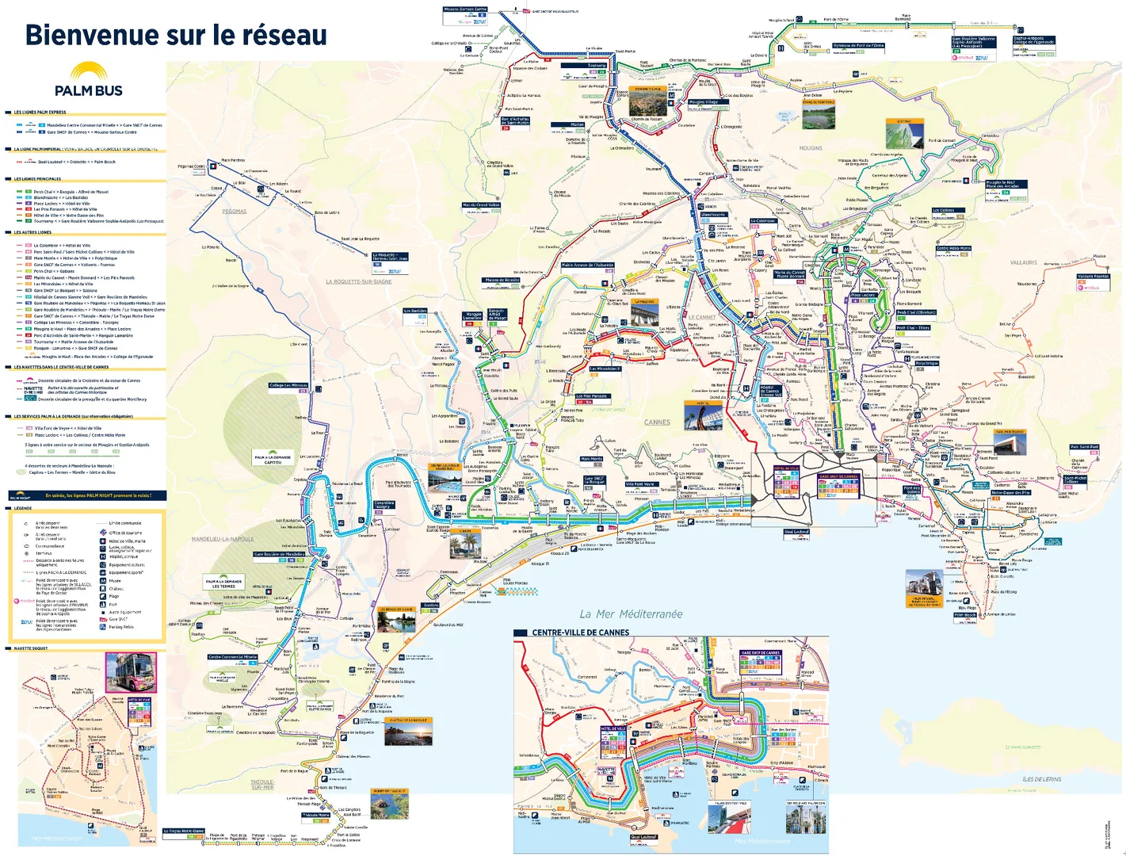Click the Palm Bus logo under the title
(88, 80)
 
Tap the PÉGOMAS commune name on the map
(234, 212)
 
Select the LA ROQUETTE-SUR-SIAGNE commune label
(359, 281)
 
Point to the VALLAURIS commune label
(1023, 262)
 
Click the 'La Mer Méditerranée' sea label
(630, 613)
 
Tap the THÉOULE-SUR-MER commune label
(262, 784)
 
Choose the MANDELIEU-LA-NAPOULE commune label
(223, 539)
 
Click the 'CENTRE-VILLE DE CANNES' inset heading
(580, 632)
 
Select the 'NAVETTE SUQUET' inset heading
(31, 648)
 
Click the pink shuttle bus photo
(131, 673)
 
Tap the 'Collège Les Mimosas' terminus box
(288, 386)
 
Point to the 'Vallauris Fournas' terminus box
(1094, 277)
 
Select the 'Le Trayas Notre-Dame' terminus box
(184, 831)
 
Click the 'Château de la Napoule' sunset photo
(409, 731)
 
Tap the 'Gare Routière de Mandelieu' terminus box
(279, 555)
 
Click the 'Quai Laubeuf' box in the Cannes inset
(643, 837)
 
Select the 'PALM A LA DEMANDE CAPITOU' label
(272, 459)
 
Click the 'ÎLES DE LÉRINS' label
(1041, 779)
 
